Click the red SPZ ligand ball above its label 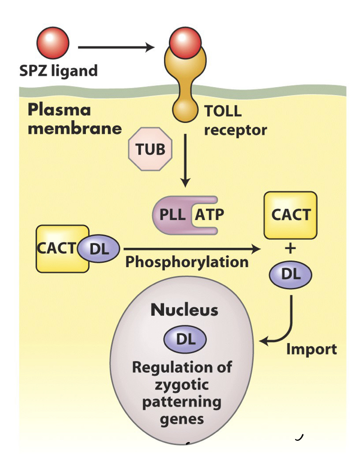coord(53,44)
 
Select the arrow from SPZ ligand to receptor coord(116,47)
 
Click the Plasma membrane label coord(74,119)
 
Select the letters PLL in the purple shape coord(173,215)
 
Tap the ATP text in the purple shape coord(209,215)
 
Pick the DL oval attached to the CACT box coord(99,249)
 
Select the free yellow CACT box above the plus coord(290,215)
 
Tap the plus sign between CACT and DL coord(290,248)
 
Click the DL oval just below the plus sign coord(290,274)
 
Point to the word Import coord(311,349)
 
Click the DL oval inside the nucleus coord(185,339)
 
